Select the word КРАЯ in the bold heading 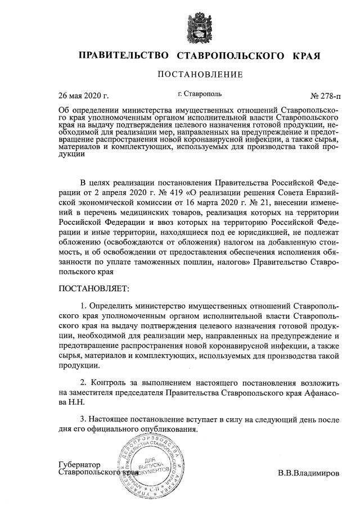pyautogui.click(x=307, y=56)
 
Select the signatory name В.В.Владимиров pyautogui.click(x=308, y=473)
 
